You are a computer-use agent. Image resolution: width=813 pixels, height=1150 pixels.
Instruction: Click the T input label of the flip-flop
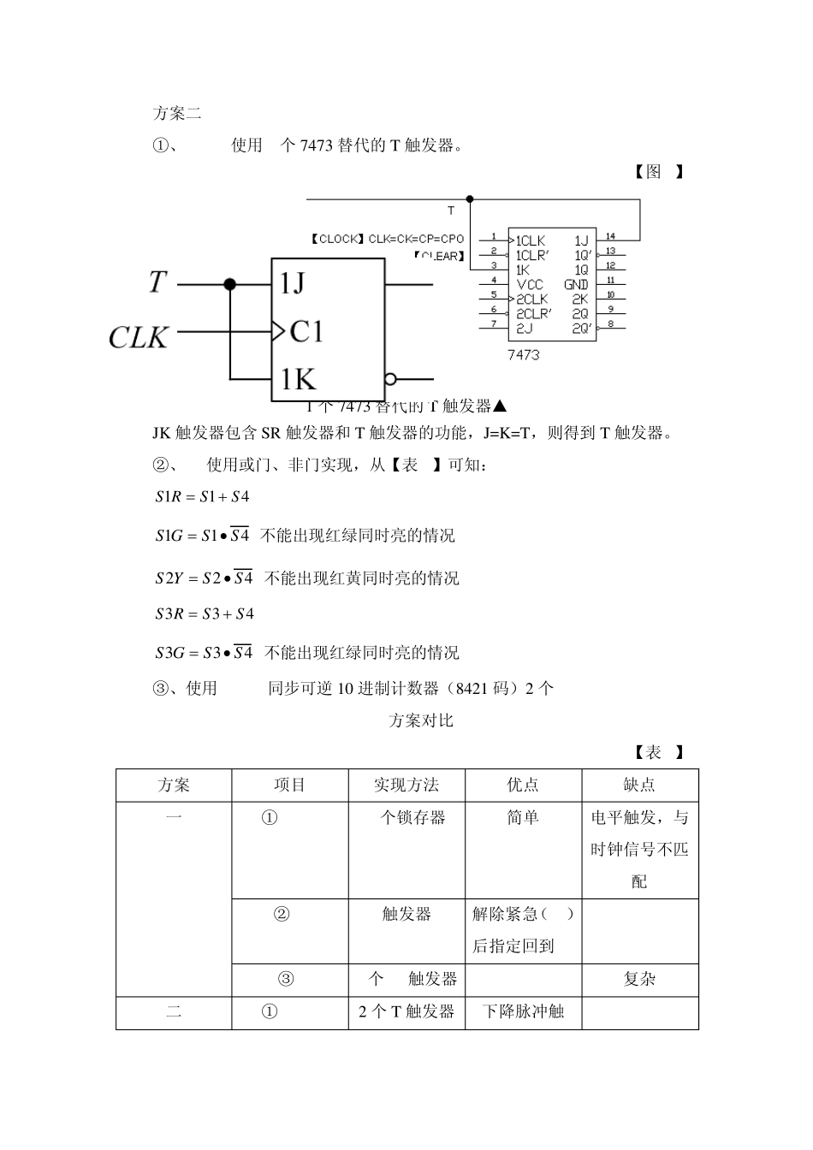(157, 282)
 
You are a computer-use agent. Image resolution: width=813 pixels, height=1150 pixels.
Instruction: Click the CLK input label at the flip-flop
(139, 336)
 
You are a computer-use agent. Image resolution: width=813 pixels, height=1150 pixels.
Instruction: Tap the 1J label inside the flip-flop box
(292, 283)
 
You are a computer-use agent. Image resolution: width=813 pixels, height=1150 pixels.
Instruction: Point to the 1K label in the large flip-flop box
(297, 378)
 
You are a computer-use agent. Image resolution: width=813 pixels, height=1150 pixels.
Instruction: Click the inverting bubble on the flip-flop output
(391, 379)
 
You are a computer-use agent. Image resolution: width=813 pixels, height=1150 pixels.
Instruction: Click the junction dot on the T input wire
(229, 284)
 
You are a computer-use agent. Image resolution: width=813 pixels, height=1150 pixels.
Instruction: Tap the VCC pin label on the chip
(530, 284)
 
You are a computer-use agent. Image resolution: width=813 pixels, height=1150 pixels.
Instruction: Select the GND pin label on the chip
(576, 284)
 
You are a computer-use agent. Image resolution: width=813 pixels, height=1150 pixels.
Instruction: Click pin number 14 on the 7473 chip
(610, 236)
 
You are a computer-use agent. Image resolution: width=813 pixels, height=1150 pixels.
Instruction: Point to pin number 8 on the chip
(610, 324)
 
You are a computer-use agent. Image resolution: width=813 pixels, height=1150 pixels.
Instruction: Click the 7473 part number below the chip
(523, 354)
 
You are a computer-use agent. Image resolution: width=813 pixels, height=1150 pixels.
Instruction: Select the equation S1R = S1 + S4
(202, 496)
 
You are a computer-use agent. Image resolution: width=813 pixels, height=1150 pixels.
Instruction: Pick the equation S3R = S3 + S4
(205, 614)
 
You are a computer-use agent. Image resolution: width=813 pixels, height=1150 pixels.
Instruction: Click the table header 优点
(523, 785)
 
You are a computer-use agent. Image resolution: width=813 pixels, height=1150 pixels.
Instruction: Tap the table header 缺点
(639, 785)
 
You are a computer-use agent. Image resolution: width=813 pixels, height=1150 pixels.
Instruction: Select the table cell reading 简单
(523, 817)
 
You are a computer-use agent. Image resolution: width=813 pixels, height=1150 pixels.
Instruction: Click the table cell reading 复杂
(639, 979)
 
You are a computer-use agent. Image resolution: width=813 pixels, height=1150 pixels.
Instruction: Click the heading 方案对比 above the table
(421, 720)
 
